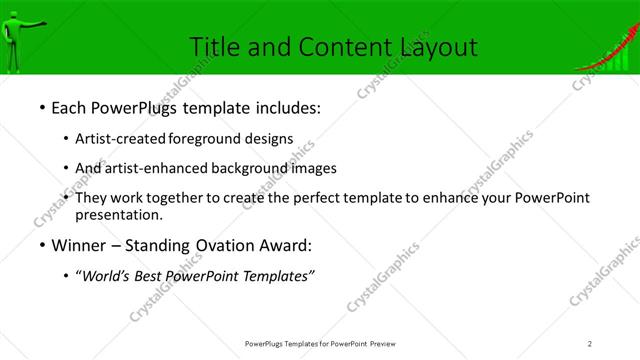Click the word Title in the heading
pyautogui.click(x=214, y=46)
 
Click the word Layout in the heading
pyautogui.click(x=439, y=46)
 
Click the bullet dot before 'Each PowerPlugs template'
pyautogui.click(x=41, y=107)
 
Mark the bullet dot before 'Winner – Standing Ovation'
pyautogui.click(x=41, y=245)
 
